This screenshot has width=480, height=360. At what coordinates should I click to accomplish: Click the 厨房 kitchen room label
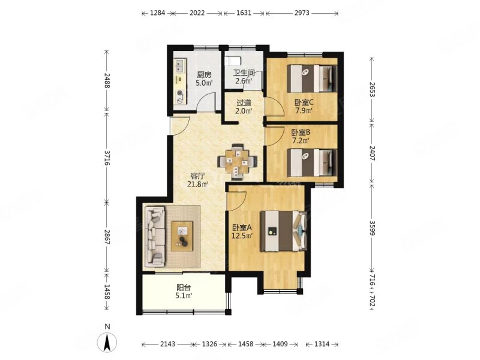tap(204, 74)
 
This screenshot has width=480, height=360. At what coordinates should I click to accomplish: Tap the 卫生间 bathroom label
tap(244, 73)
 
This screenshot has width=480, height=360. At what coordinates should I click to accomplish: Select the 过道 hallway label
tap(244, 103)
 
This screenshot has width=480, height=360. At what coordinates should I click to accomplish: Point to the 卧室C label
tap(304, 102)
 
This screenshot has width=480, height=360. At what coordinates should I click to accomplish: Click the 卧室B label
tap(301, 133)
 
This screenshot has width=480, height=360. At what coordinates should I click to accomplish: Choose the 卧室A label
tap(242, 228)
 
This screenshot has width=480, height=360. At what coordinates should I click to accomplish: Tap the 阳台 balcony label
tap(184, 288)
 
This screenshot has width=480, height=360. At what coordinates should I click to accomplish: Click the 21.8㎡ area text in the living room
tap(198, 184)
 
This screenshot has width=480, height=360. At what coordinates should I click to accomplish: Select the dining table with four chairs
tap(237, 161)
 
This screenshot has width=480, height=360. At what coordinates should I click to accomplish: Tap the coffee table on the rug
tap(182, 236)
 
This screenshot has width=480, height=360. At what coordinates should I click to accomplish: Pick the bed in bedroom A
tap(283, 231)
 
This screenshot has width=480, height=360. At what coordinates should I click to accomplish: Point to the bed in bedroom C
tap(312, 78)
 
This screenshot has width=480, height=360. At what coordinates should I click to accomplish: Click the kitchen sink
tap(179, 66)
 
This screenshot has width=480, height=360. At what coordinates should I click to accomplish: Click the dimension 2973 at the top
tap(302, 13)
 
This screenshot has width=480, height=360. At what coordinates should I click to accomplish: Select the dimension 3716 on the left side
tap(107, 158)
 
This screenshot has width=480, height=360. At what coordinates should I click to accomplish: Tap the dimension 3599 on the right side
tap(372, 228)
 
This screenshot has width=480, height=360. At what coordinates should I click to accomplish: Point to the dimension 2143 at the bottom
tap(168, 344)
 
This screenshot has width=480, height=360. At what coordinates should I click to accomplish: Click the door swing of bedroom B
tap(274, 134)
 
